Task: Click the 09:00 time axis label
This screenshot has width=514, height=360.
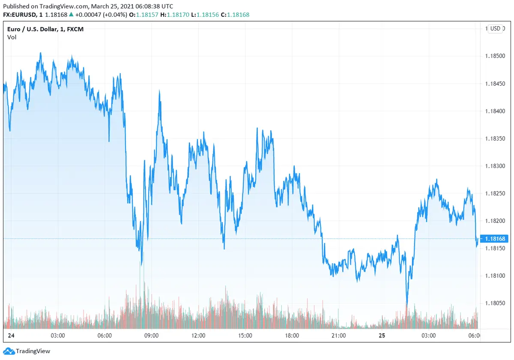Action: point(151,336)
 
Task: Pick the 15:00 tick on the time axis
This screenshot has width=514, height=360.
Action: point(245,336)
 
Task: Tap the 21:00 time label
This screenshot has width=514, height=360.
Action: point(338,336)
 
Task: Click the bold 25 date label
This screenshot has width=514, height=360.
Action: point(382,336)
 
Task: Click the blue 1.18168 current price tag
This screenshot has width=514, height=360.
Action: point(496,239)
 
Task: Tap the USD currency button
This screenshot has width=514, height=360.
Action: point(495,29)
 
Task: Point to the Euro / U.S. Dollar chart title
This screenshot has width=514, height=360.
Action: point(48,29)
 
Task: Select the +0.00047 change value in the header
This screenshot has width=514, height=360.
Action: point(90,15)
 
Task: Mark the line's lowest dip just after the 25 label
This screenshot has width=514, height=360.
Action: point(406,305)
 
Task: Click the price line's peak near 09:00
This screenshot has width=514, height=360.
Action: point(159,91)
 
